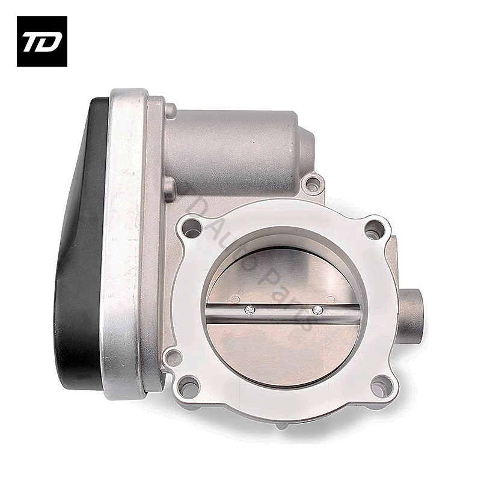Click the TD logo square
click(41, 41)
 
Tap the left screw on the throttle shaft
click(250, 310)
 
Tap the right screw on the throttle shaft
click(318, 310)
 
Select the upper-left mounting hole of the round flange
click(192, 228)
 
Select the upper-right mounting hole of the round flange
click(374, 228)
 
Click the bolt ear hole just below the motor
click(313, 183)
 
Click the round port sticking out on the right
click(411, 313)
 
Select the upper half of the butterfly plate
click(283, 277)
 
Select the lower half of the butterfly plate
click(283, 349)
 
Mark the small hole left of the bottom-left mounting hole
click(173, 358)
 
